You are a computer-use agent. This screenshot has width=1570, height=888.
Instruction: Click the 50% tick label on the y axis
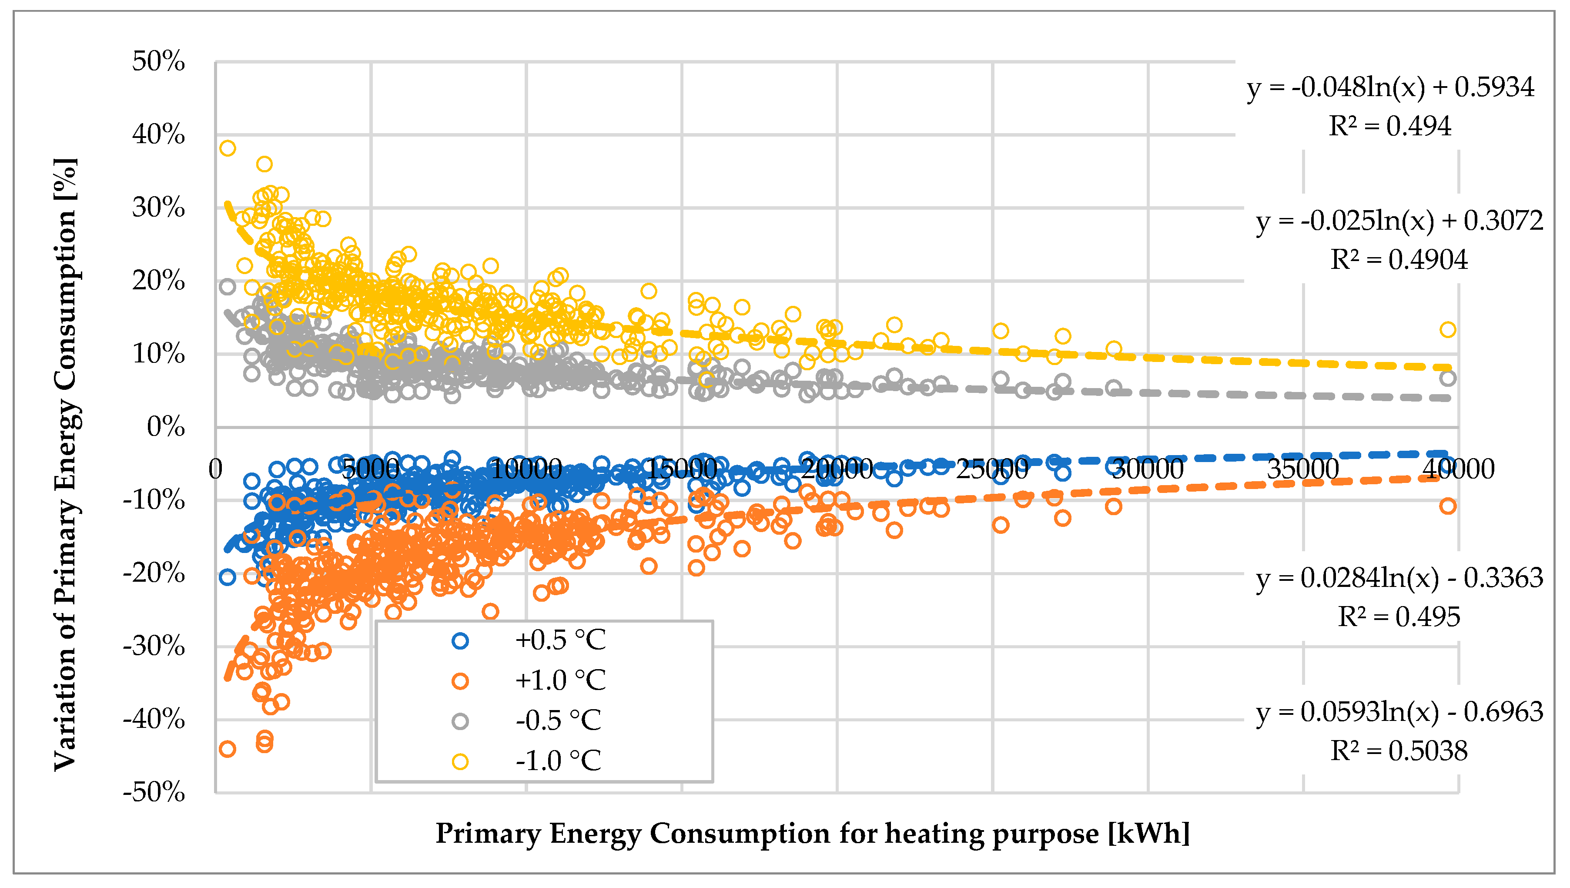click(158, 62)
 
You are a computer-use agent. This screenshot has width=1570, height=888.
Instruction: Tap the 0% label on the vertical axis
click(166, 427)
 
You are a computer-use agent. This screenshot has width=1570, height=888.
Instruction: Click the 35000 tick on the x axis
click(1303, 469)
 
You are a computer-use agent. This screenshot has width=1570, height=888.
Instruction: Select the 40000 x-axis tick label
click(1459, 469)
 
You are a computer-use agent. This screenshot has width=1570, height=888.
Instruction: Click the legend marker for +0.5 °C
click(460, 640)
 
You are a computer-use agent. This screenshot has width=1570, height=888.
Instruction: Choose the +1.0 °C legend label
click(560, 680)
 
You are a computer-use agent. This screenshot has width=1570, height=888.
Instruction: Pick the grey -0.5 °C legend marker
click(460, 721)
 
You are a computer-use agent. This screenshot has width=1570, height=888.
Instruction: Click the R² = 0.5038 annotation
click(1399, 751)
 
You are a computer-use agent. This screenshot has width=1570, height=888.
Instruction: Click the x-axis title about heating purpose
click(812, 834)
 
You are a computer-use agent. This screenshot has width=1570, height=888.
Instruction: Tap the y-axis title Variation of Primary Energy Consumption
click(65, 463)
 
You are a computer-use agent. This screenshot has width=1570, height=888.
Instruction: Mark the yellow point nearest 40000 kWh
click(1447, 330)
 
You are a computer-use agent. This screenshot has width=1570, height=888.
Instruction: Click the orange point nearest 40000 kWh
click(1447, 506)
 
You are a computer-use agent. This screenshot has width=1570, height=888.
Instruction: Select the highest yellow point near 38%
click(228, 148)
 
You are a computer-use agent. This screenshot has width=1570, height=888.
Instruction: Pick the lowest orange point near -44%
click(228, 749)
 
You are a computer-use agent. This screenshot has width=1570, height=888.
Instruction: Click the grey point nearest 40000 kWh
click(1447, 378)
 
